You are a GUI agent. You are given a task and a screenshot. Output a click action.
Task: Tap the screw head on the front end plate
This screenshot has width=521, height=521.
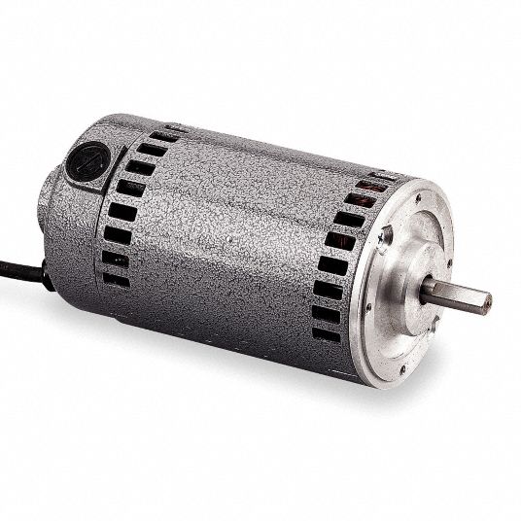[x=385, y=236]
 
